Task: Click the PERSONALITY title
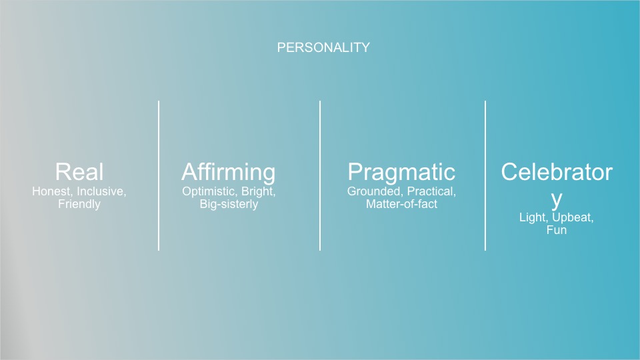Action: (323, 47)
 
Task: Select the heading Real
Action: (79, 172)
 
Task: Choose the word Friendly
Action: (79, 204)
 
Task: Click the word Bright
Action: (259, 192)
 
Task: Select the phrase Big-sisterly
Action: (229, 204)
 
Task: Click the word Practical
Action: (431, 191)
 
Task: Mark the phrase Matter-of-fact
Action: (401, 204)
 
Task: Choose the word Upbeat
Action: (573, 217)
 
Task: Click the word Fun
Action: (556, 230)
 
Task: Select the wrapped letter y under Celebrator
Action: (556, 200)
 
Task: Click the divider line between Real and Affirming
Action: (159, 175)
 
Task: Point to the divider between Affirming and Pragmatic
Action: (320, 175)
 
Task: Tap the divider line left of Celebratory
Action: (485, 175)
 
